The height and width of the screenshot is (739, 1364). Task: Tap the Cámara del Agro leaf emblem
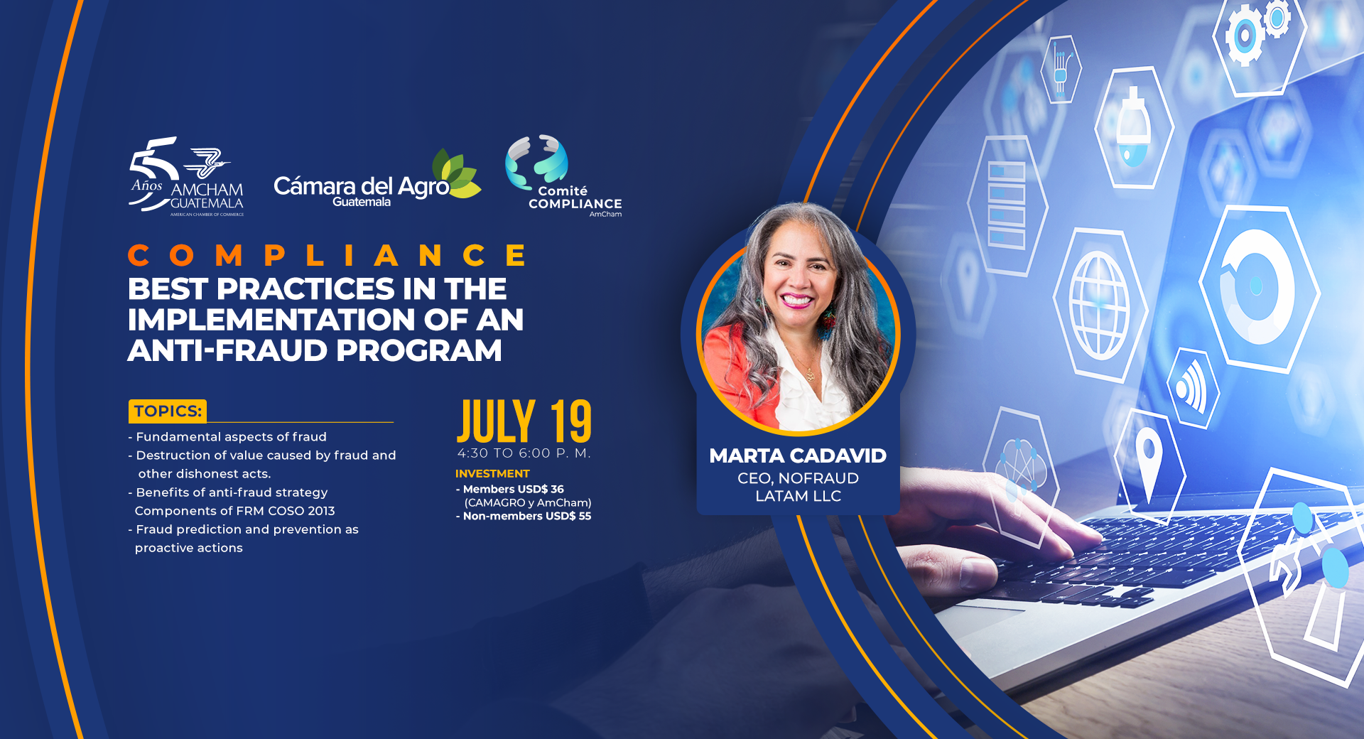[456, 173]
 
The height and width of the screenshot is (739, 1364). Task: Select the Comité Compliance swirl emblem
[536, 161]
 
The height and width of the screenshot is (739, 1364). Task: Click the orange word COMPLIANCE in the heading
[328, 255]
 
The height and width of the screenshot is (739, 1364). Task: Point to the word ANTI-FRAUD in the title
[227, 350]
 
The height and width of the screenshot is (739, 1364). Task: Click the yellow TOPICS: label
[168, 411]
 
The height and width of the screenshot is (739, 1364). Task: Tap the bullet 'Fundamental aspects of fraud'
[227, 437]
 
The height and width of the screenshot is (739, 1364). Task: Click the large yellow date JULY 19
[524, 421]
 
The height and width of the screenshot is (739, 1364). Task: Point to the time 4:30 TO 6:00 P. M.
[524, 453]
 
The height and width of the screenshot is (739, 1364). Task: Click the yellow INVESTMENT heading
[492, 474]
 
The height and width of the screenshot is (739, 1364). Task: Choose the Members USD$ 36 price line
[510, 489]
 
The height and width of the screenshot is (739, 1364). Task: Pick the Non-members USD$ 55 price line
[524, 516]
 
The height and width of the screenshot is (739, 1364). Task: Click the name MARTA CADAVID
[798, 456]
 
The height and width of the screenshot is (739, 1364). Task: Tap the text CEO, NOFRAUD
[799, 478]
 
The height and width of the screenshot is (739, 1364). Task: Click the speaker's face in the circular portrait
[796, 277]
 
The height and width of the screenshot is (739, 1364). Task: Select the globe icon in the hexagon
[1100, 306]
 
